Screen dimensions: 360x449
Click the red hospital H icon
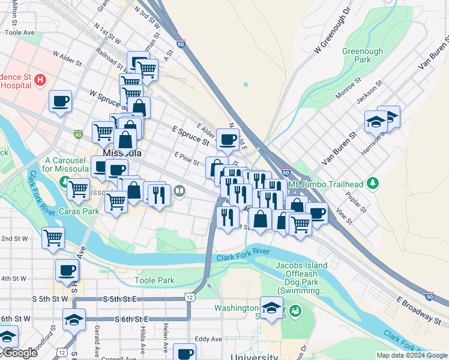(x=40, y=79)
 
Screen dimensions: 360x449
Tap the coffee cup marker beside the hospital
(x=60, y=102)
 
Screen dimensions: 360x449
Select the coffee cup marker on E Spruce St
(x=228, y=140)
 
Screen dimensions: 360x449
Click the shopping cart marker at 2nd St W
(x=53, y=238)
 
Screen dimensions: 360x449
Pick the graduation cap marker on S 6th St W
(x=74, y=320)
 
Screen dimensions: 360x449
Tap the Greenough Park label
(x=362, y=56)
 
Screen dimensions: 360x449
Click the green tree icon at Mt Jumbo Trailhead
(x=373, y=182)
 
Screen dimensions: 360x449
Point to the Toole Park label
(x=154, y=280)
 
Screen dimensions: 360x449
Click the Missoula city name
(x=122, y=154)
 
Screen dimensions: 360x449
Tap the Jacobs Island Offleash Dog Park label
(x=301, y=278)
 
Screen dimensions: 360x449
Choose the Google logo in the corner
(x=20, y=353)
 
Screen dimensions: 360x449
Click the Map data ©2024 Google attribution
(x=411, y=355)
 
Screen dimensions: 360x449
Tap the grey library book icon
(x=179, y=191)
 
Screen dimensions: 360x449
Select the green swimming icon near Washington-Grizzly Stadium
(x=294, y=310)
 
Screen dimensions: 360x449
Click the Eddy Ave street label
(x=208, y=339)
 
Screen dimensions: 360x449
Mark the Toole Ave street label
(x=20, y=32)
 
